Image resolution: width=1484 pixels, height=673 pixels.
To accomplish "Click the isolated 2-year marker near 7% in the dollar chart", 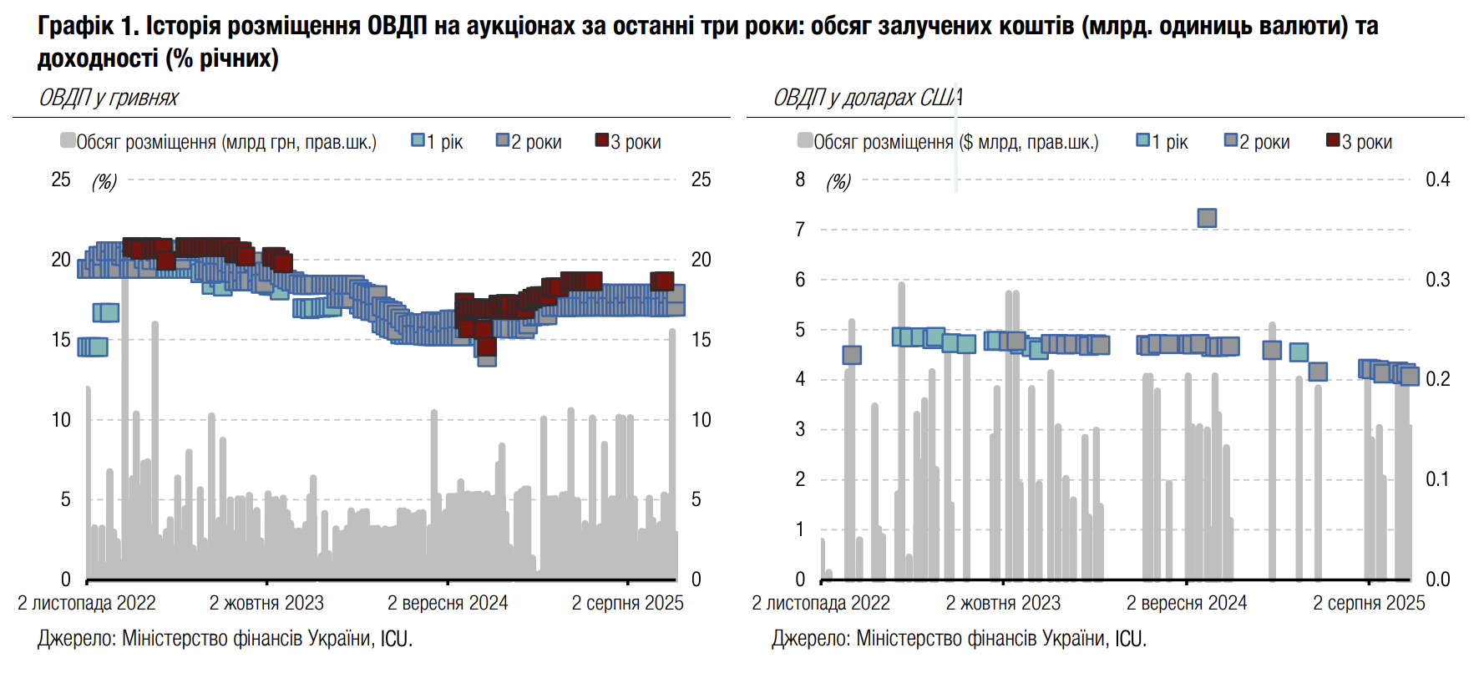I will (1207, 218).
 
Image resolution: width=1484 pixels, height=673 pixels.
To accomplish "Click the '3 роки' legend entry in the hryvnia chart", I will (628, 142).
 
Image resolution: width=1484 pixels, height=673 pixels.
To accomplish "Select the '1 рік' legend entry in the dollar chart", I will (1162, 142).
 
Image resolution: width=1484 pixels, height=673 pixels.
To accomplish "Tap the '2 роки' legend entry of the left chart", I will (529, 142).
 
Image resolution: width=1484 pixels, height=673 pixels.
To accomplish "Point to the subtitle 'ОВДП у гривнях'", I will (109, 98).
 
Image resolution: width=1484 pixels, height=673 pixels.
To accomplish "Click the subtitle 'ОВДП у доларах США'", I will (867, 98).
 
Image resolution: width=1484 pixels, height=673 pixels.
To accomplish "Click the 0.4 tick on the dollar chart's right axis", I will (1437, 180).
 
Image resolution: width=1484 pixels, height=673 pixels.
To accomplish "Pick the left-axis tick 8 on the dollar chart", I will (800, 180).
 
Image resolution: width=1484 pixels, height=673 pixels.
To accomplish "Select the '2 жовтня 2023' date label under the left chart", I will (266, 603).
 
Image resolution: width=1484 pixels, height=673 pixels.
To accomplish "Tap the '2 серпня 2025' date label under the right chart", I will (1369, 603).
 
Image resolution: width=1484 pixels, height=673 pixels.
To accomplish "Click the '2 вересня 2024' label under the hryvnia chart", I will (448, 603).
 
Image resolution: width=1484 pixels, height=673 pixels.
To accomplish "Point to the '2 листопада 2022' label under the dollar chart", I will (821, 603).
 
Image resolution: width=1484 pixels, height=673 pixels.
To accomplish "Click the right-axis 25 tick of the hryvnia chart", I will (701, 180).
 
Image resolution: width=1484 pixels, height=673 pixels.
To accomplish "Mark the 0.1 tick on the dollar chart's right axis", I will (1437, 479).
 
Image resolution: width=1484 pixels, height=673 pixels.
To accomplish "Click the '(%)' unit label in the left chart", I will (104, 181).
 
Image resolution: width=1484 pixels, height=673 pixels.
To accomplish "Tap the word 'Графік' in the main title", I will (75, 27).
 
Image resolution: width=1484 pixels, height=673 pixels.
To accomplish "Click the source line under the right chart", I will (959, 639).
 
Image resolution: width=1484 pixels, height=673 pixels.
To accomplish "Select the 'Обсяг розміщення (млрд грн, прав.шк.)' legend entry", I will (219, 142).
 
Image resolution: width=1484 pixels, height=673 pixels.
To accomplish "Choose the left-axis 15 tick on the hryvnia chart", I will (61, 340).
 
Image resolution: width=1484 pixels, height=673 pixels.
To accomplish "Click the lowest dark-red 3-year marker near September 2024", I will (487, 347).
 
